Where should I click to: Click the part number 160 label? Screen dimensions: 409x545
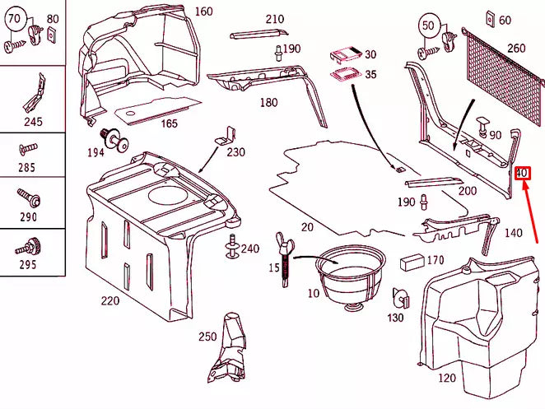[x=203, y=12]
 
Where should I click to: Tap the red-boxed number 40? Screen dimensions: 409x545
[x=523, y=174]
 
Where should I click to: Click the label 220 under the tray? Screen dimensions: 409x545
[x=111, y=301]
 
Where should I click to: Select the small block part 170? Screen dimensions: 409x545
[x=409, y=263]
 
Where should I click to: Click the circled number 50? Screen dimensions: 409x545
[x=428, y=25]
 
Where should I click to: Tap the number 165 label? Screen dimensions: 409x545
[x=168, y=123]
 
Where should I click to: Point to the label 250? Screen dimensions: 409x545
[x=207, y=336]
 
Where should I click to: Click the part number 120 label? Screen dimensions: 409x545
[x=445, y=379]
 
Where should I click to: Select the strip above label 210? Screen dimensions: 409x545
[x=249, y=35]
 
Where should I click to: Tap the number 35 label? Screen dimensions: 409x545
[x=370, y=74]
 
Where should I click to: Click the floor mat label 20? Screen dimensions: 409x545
[x=307, y=227]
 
